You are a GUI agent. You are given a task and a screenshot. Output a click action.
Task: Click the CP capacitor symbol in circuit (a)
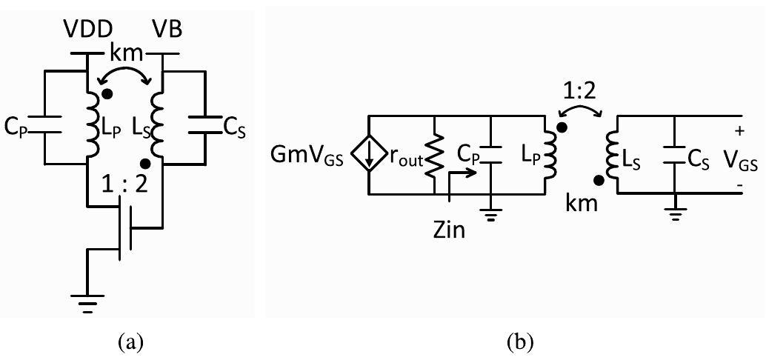point(45,127)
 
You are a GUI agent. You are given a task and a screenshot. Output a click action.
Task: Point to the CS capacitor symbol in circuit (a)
point(202,126)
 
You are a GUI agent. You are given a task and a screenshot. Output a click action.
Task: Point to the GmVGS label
point(313,156)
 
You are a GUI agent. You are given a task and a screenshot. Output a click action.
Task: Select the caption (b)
point(516,341)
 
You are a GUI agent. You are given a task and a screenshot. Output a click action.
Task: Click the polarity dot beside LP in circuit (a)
point(108,93)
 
